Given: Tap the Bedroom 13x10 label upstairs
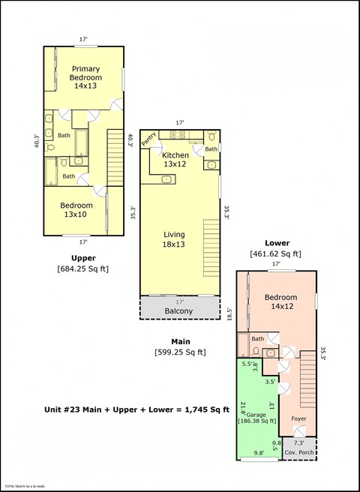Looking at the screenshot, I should tap(77, 210).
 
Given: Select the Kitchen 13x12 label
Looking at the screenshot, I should tap(175, 160).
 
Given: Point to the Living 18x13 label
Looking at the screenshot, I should tap(174, 239).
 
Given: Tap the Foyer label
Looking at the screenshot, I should tap(299, 419).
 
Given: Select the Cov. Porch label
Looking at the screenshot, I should tap(300, 453).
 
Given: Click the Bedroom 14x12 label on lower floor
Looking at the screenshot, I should tap(282, 301).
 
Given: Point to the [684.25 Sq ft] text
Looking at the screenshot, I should tap(83, 268).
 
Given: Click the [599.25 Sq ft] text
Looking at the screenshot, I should tap(180, 351).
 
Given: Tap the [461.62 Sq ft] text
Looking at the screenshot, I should tap(275, 254).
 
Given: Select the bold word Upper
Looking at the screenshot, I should tap(82, 256).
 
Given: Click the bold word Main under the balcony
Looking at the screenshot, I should tap(180, 340).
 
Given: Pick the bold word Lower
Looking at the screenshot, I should tap(276, 243).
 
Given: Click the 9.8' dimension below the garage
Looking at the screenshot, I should tap(259, 452).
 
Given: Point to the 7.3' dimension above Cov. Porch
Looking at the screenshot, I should tap(298, 442).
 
